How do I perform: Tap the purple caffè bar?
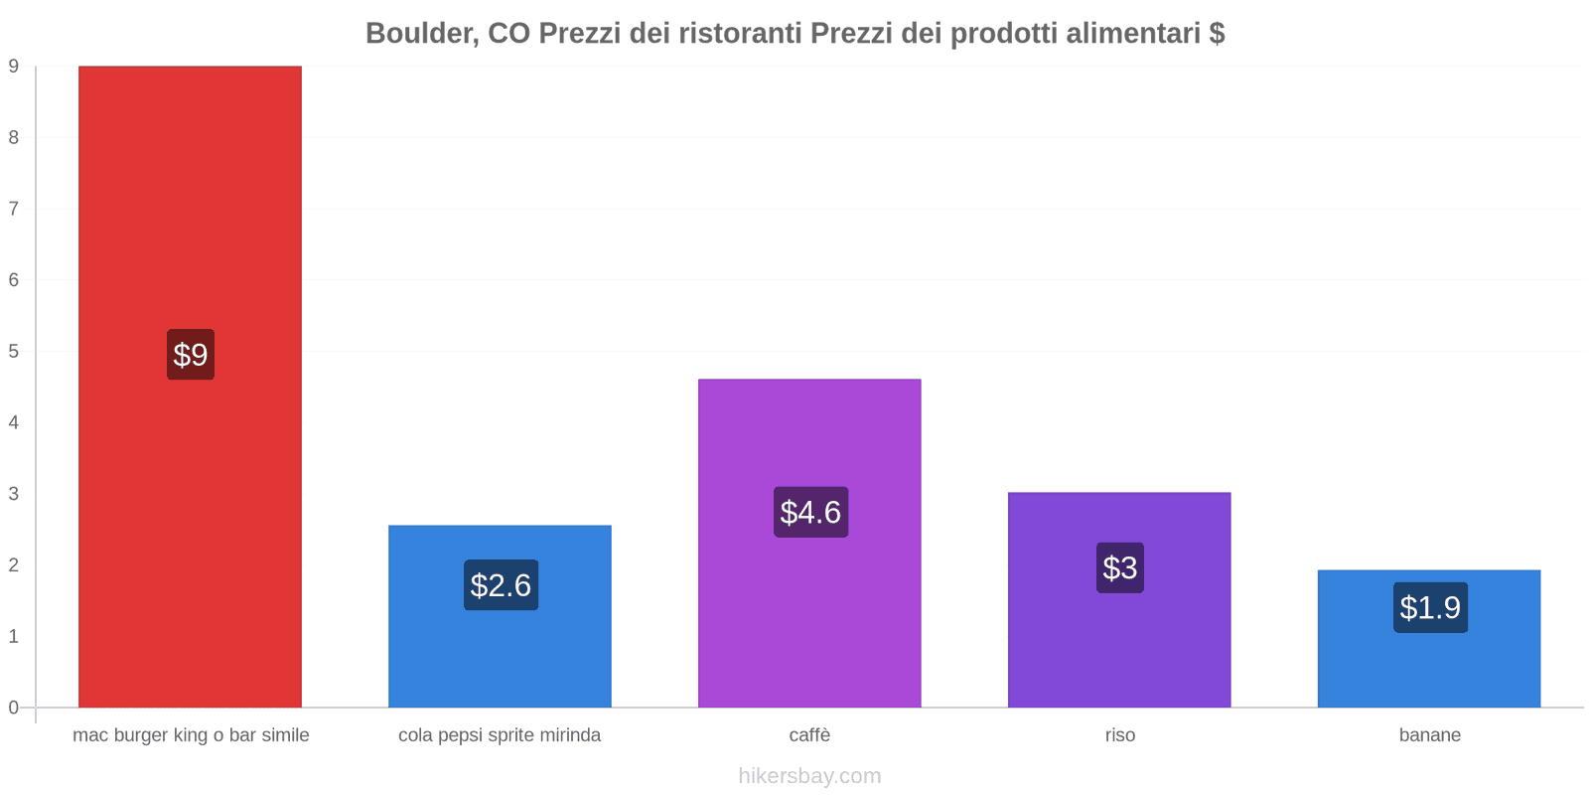(x=809, y=437)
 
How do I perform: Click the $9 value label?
(x=191, y=355)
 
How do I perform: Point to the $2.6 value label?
(x=501, y=585)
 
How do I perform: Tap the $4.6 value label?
(x=810, y=512)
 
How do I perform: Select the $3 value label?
(x=1120, y=567)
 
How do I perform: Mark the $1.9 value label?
(x=1430, y=607)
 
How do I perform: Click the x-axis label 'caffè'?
(x=809, y=735)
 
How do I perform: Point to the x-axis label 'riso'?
(x=1120, y=735)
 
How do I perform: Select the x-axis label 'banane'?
(x=1430, y=735)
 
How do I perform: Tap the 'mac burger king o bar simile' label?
(x=191, y=735)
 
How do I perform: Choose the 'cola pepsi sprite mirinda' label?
(x=500, y=735)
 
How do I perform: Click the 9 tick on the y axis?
(x=14, y=67)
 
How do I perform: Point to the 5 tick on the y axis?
(x=14, y=352)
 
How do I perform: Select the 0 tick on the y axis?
(x=14, y=708)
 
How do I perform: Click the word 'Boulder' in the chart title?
(x=417, y=34)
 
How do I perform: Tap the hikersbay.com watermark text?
(x=809, y=776)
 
